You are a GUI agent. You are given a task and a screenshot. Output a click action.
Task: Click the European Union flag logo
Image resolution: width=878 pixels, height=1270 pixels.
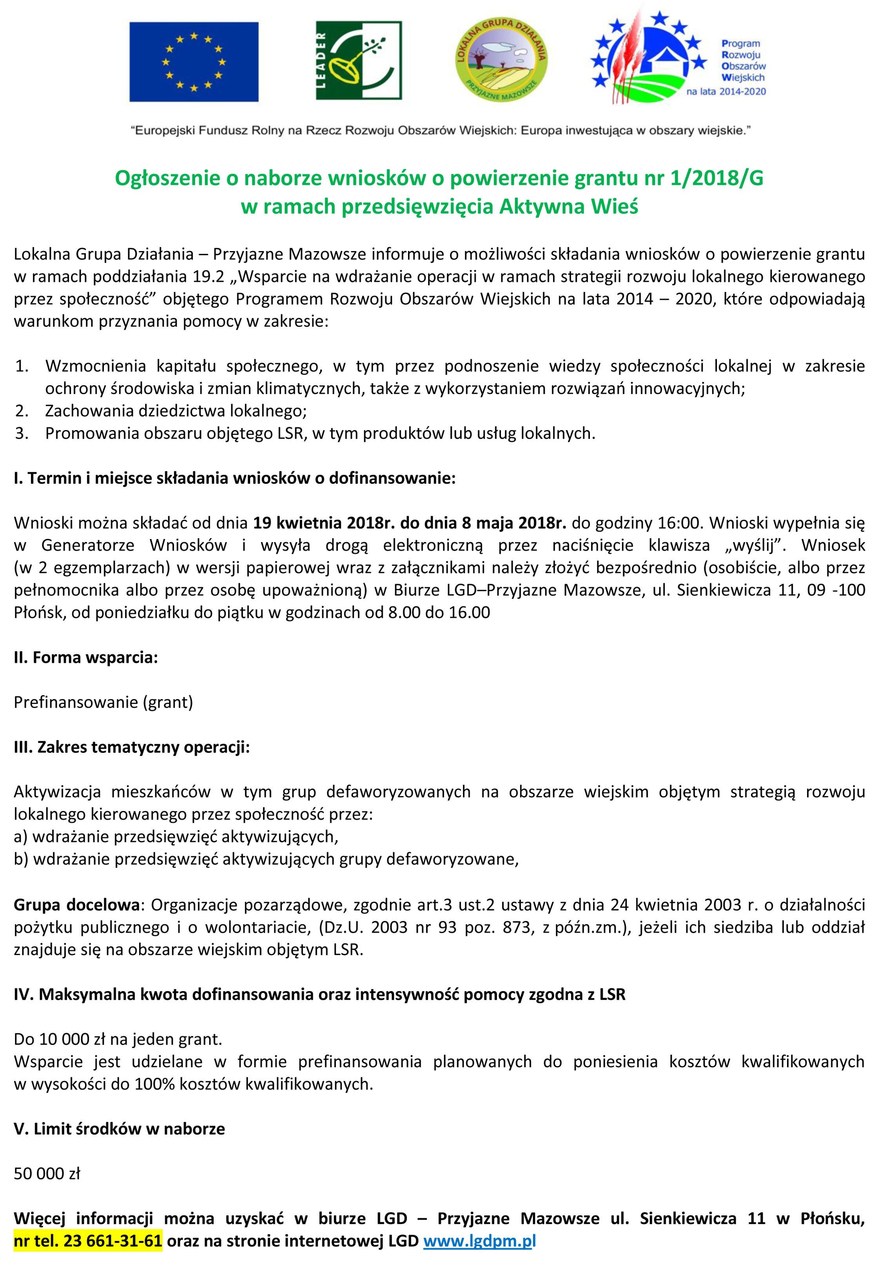[194, 62]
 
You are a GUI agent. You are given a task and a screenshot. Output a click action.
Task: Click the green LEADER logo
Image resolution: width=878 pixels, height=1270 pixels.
[358, 60]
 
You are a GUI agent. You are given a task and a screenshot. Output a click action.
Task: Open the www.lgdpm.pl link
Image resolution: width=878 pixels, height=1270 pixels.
[479, 1241]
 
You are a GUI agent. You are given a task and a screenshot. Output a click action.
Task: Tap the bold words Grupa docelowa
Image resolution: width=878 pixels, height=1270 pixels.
[76, 905]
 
